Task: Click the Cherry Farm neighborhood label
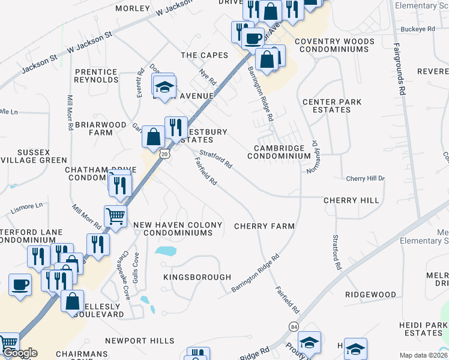pyautogui.click(x=264, y=226)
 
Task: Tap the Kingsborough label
pyautogui.click(x=197, y=277)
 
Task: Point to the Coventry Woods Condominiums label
pyautogui.click(x=334, y=46)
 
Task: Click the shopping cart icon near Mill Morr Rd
pyautogui.click(x=115, y=216)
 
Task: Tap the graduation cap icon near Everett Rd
pyautogui.click(x=164, y=87)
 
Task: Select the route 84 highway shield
pyautogui.click(x=293, y=326)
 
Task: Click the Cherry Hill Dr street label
pyautogui.click(x=365, y=179)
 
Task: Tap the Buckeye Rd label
pyautogui.click(x=417, y=29)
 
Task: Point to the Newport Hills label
pyautogui.click(x=139, y=341)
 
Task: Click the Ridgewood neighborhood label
pyautogui.click(x=370, y=295)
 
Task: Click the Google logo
pyautogui.click(x=19, y=353)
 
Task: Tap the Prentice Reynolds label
pyautogui.click(x=97, y=76)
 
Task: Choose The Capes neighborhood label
pyautogui.click(x=205, y=55)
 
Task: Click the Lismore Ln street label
pyautogui.click(x=27, y=206)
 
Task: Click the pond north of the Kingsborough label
pyautogui.click(x=166, y=251)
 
